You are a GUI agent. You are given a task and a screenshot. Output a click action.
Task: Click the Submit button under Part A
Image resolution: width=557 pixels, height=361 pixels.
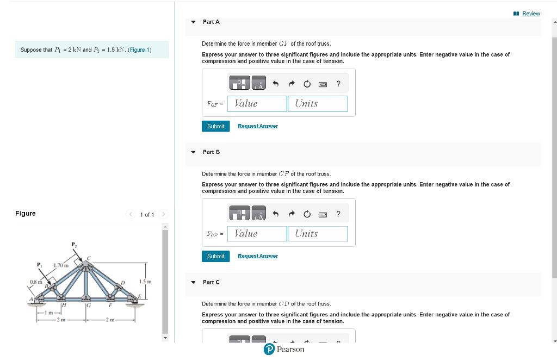click(215, 126)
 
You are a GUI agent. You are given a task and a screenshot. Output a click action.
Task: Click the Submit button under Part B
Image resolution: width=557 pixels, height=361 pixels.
click(215, 256)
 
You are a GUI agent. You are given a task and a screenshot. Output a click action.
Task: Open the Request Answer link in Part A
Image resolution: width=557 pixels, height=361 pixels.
click(258, 126)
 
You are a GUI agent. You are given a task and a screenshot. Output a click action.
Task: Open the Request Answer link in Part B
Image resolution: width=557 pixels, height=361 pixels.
click(258, 256)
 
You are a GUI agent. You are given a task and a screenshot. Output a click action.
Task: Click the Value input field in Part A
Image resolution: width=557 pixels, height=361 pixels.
click(257, 103)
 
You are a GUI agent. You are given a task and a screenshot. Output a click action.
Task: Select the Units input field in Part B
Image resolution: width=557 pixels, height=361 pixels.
click(318, 234)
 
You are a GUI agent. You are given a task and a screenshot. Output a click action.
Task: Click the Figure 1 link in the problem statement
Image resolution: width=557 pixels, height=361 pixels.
click(139, 50)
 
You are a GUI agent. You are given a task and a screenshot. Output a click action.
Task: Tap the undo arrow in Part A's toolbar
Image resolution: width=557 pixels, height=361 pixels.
click(275, 84)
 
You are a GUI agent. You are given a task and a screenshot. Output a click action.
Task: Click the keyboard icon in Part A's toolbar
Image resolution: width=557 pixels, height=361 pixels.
click(322, 84)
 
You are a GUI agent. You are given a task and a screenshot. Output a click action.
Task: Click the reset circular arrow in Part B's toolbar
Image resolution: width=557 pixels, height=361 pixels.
click(307, 214)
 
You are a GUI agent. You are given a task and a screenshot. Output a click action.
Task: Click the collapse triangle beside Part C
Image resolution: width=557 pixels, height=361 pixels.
click(193, 283)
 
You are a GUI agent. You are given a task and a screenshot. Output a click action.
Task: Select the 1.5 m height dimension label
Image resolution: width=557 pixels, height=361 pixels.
click(145, 282)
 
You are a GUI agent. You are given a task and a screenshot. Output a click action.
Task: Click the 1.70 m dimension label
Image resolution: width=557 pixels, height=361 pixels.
click(60, 265)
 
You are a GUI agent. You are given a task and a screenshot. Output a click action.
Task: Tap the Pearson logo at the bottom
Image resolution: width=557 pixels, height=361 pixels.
click(284, 350)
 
